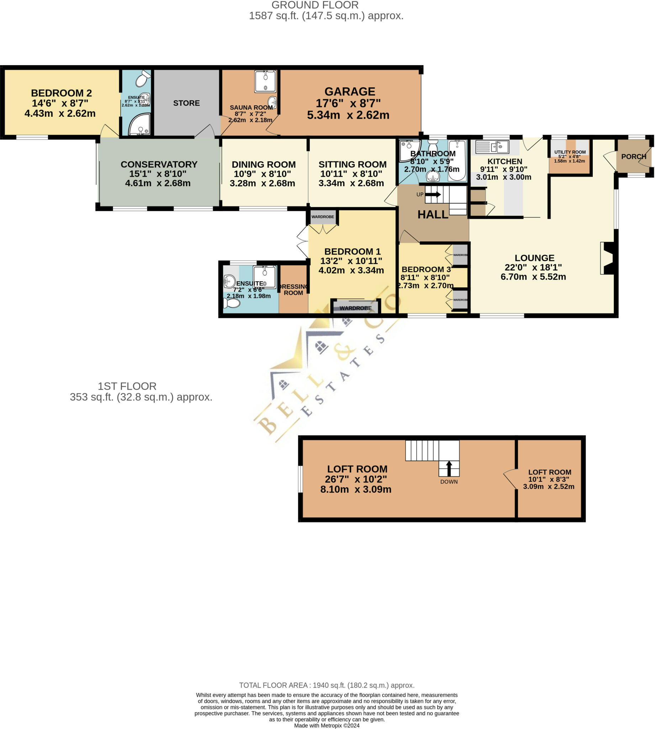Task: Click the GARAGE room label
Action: point(350,92)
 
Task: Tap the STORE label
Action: point(186,103)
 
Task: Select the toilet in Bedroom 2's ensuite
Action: point(143,78)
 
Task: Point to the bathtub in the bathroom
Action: point(457,160)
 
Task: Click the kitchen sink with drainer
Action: point(492,147)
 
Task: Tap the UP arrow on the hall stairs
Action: point(433,194)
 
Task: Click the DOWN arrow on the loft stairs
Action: point(449,468)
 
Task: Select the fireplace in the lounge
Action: point(607,258)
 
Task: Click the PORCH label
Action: point(633,157)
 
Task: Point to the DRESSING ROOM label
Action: point(293,290)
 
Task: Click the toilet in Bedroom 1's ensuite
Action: point(232,303)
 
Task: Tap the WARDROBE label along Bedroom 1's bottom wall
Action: point(355,308)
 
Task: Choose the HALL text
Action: point(433,215)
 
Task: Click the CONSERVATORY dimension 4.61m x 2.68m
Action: point(158,183)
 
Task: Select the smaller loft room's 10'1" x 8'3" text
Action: point(549,479)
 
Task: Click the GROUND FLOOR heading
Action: point(315,5)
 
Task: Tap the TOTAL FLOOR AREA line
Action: point(327,685)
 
